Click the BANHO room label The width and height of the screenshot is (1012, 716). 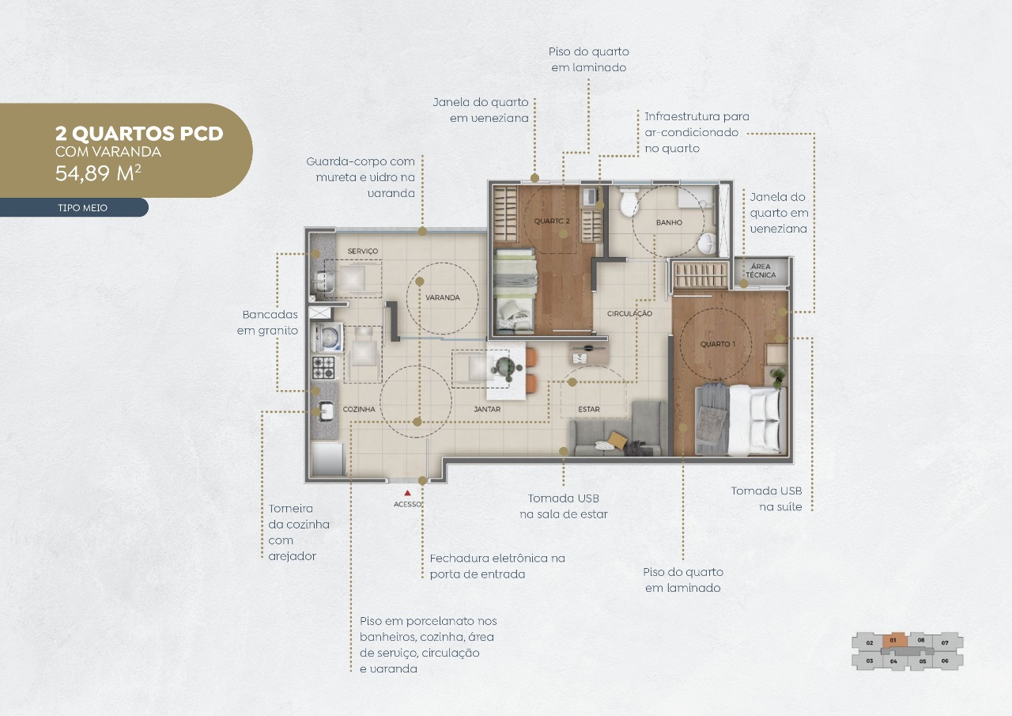(669, 222)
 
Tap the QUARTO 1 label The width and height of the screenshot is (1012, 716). (717, 344)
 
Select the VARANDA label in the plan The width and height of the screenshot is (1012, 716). (442, 297)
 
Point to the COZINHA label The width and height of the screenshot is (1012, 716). (359, 409)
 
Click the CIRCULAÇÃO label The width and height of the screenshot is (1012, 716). (629, 313)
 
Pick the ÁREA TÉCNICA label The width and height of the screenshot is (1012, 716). (761, 271)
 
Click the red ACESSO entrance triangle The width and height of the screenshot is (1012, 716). (407, 493)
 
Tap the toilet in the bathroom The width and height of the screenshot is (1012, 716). (628, 202)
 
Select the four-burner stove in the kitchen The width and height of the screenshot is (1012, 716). (324, 368)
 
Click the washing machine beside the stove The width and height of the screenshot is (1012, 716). (328, 337)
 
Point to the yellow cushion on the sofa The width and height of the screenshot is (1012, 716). (616, 439)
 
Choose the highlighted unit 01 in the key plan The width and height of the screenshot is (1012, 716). (894, 641)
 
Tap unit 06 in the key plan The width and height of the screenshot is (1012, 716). (945, 661)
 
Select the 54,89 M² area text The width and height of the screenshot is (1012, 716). (98, 173)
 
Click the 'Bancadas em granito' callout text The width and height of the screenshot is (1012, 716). (267, 322)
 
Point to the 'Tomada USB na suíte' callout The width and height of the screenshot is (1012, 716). (766, 498)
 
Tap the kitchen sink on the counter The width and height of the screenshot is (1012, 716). (325, 411)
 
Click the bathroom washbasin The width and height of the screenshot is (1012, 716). (706, 244)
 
